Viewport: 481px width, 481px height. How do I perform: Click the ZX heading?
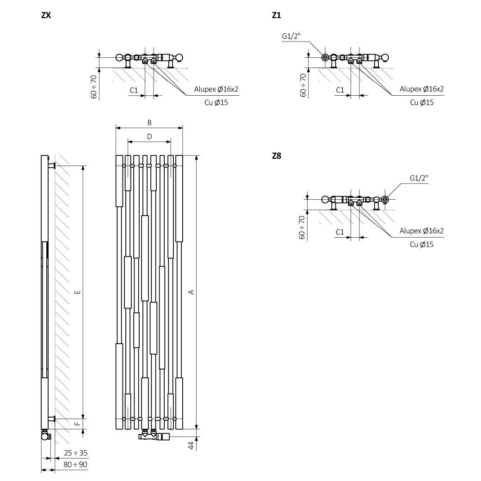pyautogui.click(x=46, y=15)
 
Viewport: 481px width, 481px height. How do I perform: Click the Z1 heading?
pyautogui.click(x=277, y=15)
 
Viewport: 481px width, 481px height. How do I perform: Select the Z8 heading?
pyautogui.click(x=277, y=156)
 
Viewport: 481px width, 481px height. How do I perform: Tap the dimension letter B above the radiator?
pyautogui.click(x=149, y=123)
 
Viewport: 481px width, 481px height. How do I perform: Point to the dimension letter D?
pyautogui.click(x=149, y=136)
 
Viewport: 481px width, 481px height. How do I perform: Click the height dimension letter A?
pyautogui.click(x=191, y=292)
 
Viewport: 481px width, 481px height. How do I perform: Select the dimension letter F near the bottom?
pyautogui.click(x=78, y=424)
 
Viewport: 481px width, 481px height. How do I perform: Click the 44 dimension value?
pyautogui.click(x=191, y=445)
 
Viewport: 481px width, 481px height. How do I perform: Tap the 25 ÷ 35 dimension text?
pyautogui.click(x=76, y=453)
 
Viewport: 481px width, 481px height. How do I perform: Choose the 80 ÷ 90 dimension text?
pyautogui.click(x=75, y=465)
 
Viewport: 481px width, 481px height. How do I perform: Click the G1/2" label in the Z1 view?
pyautogui.click(x=291, y=36)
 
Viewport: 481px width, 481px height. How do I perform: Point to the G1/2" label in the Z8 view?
pyautogui.click(x=419, y=178)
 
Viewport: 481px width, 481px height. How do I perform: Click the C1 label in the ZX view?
pyautogui.click(x=134, y=90)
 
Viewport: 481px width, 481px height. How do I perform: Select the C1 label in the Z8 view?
pyautogui.click(x=340, y=232)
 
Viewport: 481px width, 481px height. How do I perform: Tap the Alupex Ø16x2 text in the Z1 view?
pyautogui.click(x=421, y=89)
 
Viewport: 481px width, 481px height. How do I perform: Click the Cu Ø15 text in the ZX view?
pyautogui.click(x=216, y=103)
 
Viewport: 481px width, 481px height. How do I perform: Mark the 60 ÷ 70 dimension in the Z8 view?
pyautogui.click(x=302, y=227)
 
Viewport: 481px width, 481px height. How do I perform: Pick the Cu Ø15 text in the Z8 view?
pyautogui.click(x=422, y=245)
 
